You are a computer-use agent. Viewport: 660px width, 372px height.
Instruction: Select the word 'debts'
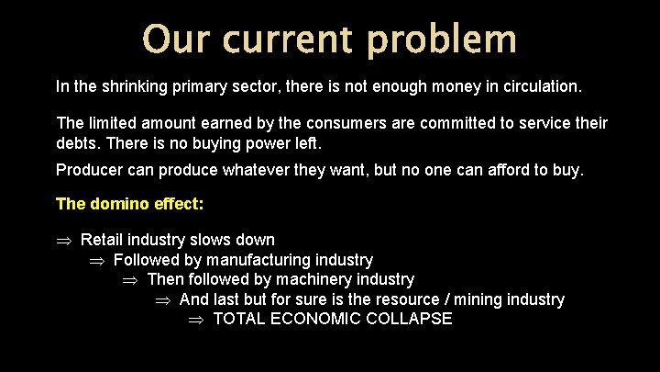coord(77,143)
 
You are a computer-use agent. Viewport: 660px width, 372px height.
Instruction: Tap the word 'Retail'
coord(103,241)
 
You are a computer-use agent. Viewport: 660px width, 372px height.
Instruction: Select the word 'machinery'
coord(311,279)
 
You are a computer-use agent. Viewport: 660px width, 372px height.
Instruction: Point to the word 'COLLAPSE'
coord(409,319)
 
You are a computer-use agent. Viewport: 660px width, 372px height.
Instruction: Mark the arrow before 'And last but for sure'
coord(162,300)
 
